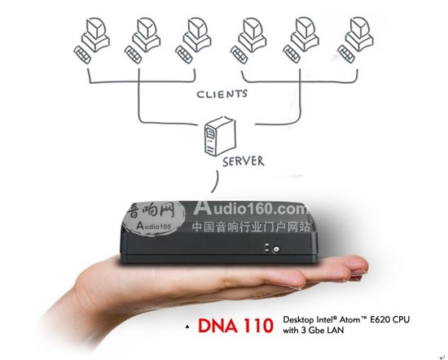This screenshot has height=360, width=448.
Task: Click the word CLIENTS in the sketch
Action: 222,94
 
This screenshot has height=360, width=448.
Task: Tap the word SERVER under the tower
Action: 244,161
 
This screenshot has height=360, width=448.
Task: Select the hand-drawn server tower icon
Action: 219,137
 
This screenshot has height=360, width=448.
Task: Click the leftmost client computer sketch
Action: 92,40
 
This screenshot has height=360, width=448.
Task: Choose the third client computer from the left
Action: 193,40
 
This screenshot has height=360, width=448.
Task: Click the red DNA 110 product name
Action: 235,326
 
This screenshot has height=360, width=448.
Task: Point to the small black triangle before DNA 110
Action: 187,327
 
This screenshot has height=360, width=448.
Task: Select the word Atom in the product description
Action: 349,319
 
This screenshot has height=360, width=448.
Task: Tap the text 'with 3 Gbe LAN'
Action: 313,331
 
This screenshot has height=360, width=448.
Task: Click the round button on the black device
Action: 276,249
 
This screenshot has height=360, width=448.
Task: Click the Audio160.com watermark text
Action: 251,208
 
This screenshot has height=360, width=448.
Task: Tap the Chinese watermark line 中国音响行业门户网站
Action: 251,227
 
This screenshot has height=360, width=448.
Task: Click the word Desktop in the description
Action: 297,320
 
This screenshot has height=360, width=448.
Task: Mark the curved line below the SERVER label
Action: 217,182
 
